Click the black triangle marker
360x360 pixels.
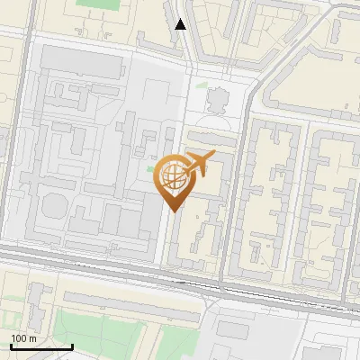tap(181, 24)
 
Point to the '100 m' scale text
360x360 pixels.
tap(23, 337)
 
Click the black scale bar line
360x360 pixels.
tap(41, 346)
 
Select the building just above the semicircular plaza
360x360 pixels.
tap(219, 97)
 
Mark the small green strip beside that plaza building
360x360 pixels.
tap(200, 87)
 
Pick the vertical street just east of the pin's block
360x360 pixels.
tap(238, 198)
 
